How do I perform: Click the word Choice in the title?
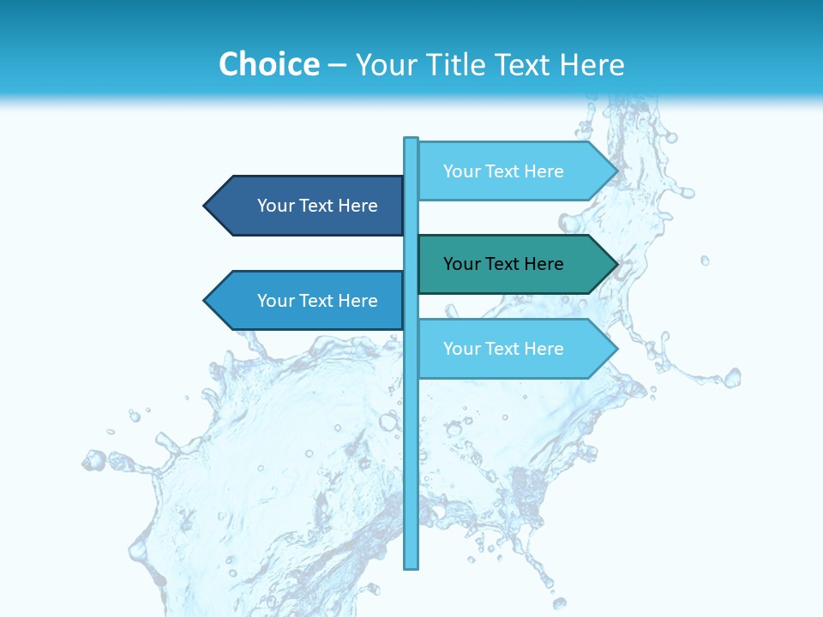pyautogui.click(x=269, y=64)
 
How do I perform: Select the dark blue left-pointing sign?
pyautogui.click(x=309, y=206)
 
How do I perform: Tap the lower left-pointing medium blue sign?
pyautogui.click(x=309, y=301)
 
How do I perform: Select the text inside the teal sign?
pyautogui.click(x=503, y=264)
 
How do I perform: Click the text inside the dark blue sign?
pyautogui.click(x=317, y=206)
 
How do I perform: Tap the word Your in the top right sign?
pyautogui.click(x=461, y=171)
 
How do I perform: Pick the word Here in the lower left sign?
pyautogui.click(x=357, y=301)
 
